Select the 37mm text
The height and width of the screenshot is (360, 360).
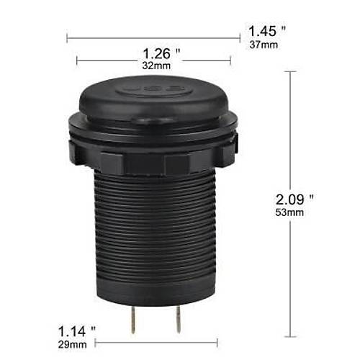tap(263, 44)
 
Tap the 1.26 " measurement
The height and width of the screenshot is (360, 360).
tap(161, 54)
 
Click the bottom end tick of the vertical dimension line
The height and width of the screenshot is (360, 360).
tap(292, 336)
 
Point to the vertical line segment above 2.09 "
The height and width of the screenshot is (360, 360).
tap(292, 130)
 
